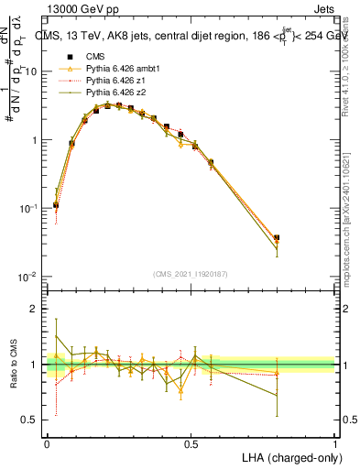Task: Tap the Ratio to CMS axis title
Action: pos(16,365)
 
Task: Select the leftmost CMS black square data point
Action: pos(56,205)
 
